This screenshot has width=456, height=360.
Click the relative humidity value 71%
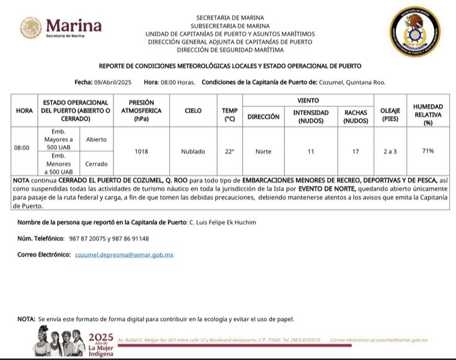click(427, 151)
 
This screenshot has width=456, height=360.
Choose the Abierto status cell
click(96, 139)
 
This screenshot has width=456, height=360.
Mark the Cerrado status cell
click(96, 164)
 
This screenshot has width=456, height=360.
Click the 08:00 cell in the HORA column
click(22, 148)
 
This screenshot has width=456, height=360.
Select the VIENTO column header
click(308, 100)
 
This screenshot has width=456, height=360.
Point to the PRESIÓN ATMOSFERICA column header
click(141, 110)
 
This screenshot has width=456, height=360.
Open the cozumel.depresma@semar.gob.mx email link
click(124, 255)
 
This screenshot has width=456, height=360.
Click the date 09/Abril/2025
click(113, 82)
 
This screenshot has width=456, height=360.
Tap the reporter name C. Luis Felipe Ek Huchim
click(221, 222)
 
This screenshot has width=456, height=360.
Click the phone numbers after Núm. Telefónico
click(109, 239)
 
